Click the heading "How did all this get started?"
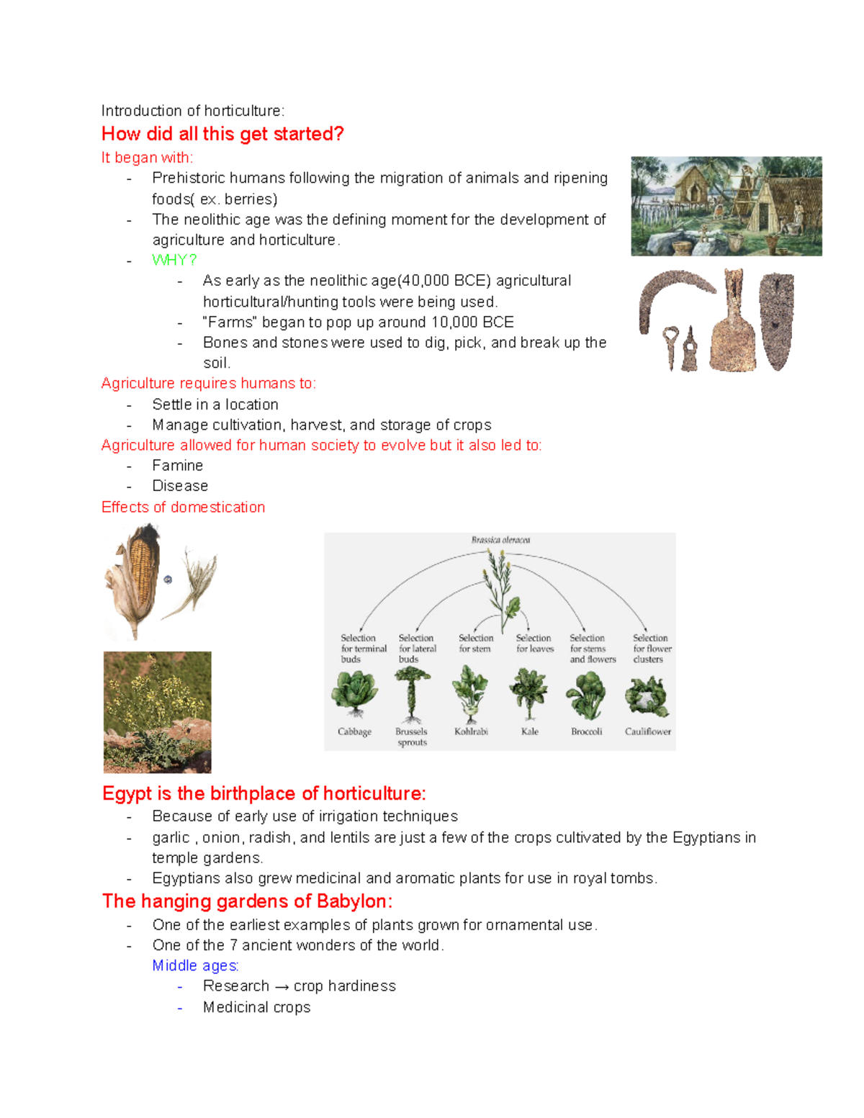click(222, 134)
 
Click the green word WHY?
click(174, 260)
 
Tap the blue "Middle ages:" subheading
click(195, 965)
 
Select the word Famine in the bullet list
click(177, 465)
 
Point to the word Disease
click(180, 486)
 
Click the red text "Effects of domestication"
click(183, 507)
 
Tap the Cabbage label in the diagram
click(354, 731)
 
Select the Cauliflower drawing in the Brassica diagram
click(647, 696)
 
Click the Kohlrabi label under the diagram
click(471, 731)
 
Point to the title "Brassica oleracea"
click(500, 539)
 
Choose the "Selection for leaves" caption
click(534, 643)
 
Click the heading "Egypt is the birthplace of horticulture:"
click(264, 793)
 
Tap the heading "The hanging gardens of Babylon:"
click(247, 901)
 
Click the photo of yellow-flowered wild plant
click(157, 711)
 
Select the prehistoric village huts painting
click(726, 206)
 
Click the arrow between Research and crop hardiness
click(282, 986)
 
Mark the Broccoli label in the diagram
click(586, 731)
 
